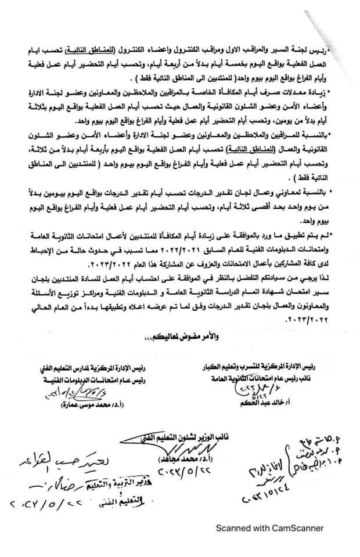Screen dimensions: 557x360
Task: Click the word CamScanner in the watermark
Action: tap(297, 529)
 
